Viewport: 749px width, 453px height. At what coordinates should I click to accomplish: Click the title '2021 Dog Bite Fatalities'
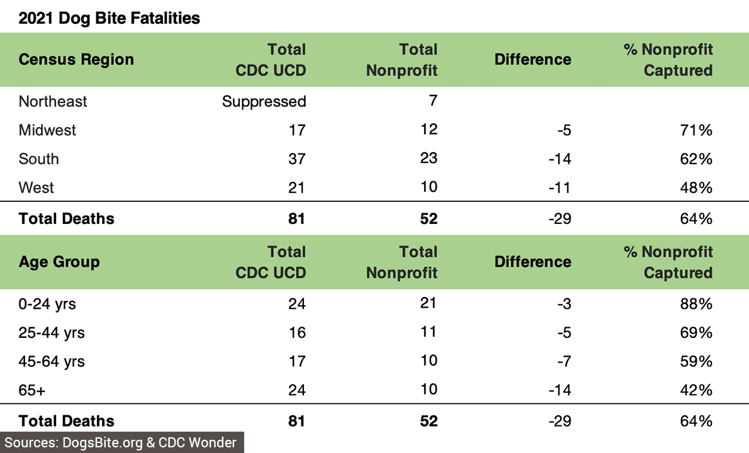(110, 18)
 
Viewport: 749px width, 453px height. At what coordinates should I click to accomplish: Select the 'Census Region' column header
(76, 60)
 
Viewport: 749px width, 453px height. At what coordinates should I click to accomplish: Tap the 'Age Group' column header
(59, 262)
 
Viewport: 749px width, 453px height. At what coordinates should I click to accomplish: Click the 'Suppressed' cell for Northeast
(264, 101)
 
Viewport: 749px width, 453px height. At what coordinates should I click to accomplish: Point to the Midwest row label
(47, 130)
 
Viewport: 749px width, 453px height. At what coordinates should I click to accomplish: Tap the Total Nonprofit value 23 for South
(428, 158)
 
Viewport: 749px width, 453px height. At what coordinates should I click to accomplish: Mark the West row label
(37, 188)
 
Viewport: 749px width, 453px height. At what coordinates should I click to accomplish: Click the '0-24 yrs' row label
(47, 304)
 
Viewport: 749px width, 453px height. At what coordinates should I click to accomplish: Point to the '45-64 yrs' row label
(52, 362)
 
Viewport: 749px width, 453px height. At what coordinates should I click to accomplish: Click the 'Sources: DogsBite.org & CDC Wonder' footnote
(121, 442)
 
